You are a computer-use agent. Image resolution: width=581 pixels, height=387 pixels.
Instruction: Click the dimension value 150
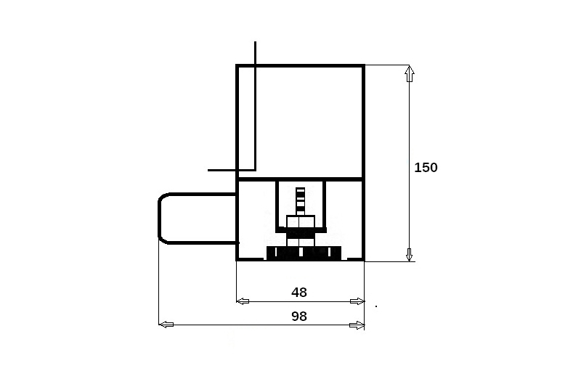tap(426, 168)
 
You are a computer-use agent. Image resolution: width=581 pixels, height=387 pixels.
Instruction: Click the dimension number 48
tap(299, 293)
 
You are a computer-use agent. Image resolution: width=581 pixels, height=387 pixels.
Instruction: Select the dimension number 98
tap(299, 317)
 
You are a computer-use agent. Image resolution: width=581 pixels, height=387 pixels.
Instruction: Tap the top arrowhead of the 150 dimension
tap(409, 73)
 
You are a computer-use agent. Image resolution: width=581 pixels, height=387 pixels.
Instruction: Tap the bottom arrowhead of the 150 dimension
tap(409, 254)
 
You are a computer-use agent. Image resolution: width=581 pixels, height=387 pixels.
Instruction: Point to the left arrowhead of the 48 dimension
tap(243, 301)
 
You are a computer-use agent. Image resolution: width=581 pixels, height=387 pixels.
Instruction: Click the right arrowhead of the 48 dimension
tap(357, 301)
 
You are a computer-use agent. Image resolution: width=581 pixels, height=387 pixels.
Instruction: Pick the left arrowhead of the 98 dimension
tap(166, 325)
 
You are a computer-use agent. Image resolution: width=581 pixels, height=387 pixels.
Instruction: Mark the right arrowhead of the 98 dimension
tap(357, 325)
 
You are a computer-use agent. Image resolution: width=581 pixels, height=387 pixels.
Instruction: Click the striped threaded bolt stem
tap(301, 201)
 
